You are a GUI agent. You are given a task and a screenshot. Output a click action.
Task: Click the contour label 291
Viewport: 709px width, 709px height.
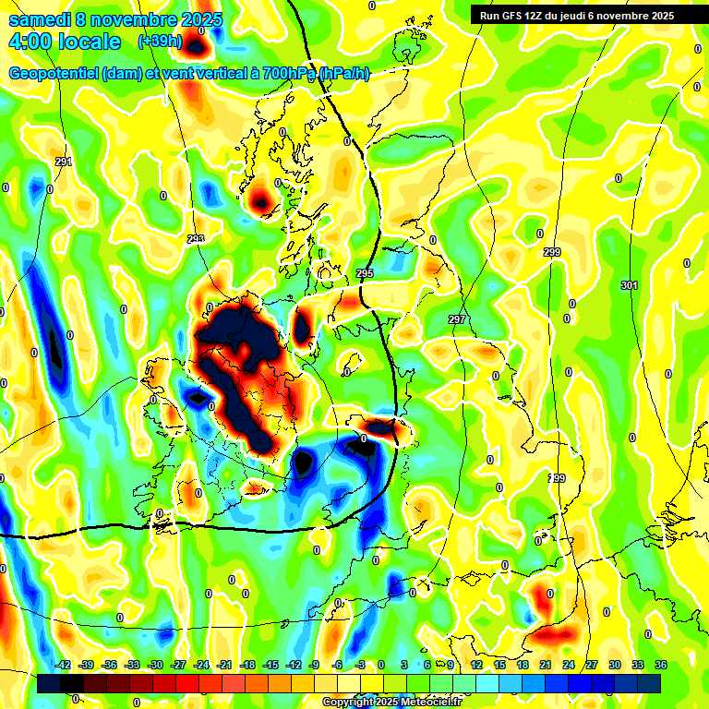coord(63,162)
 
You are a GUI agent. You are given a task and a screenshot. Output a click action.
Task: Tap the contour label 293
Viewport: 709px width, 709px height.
coord(196,240)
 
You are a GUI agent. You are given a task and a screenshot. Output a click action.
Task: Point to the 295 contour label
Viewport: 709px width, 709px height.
coord(364,274)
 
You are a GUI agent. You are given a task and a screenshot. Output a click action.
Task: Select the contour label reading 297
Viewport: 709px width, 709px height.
coord(457,319)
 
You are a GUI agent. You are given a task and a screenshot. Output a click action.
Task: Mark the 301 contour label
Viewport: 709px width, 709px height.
coord(629,286)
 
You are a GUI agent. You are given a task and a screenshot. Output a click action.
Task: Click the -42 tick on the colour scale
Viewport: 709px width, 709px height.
coord(64,665)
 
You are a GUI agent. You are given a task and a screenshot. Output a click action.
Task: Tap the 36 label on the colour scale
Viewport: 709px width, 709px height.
coord(660,665)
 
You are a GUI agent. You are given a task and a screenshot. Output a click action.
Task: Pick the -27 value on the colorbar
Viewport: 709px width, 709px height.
coord(178,665)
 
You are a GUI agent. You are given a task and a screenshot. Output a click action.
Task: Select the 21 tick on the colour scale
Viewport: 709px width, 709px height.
coord(546,665)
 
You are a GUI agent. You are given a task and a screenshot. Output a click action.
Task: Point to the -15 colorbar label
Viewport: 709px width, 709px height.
coord(270,665)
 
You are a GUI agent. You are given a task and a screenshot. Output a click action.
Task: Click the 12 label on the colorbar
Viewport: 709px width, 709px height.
coord(476,665)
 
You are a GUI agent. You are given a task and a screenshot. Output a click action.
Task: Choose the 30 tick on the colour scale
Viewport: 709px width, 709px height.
coord(614,665)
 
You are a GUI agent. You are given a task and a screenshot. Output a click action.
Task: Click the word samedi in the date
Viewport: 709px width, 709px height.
coord(40,19)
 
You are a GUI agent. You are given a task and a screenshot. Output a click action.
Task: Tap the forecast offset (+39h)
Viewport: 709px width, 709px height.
coord(159,42)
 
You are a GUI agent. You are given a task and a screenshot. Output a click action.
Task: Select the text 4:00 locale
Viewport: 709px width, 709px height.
coord(65,42)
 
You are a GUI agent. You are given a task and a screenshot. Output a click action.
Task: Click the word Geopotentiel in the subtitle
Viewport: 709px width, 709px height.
coord(54,74)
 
